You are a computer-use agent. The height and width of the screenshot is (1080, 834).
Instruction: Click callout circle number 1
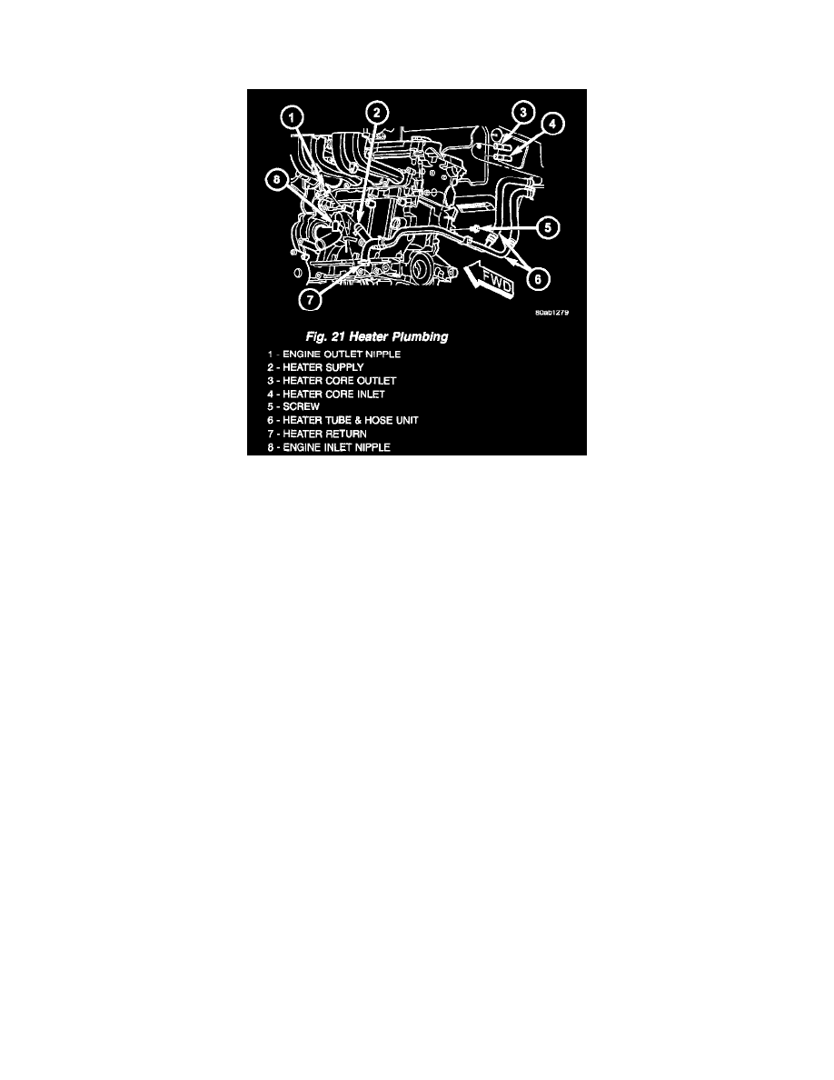(x=291, y=116)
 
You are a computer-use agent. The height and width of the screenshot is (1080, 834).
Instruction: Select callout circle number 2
(x=377, y=112)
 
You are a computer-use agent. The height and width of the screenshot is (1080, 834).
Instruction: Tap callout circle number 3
(x=521, y=114)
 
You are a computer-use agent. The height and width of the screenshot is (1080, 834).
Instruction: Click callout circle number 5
(x=543, y=228)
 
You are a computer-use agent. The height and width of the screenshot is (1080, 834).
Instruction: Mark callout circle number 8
(x=273, y=181)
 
